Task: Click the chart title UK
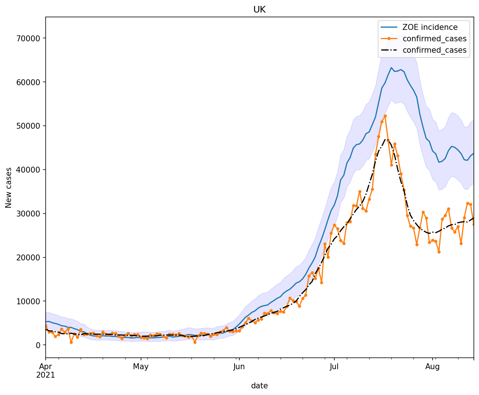pyautogui.click(x=259, y=10)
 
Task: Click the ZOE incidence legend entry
pyautogui.click(x=430, y=27)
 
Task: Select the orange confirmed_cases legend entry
pyautogui.click(x=434, y=39)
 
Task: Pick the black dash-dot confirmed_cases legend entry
pyautogui.click(x=434, y=50)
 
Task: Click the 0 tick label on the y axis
pyautogui.click(x=39, y=345)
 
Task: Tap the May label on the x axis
pyautogui.click(x=141, y=367)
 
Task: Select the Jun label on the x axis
pyautogui.click(x=239, y=367)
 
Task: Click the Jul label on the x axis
pyautogui.click(x=334, y=367)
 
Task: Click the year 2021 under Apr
pyautogui.click(x=46, y=375)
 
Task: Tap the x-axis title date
pyautogui.click(x=259, y=386)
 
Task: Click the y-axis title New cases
pyautogui.click(x=9, y=187)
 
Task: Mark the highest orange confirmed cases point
pyautogui.click(x=385, y=116)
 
